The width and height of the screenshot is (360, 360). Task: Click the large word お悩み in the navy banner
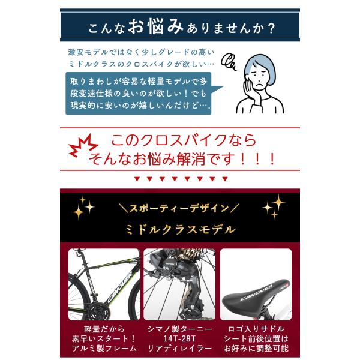click(x=155, y=26)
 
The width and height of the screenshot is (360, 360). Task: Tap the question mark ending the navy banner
click(x=271, y=28)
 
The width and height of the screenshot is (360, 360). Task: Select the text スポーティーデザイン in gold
click(x=179, y=208)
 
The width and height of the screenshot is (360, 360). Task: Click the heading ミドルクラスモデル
click(x=181, y=230)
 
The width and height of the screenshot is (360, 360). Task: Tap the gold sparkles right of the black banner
click(x=274, y=206)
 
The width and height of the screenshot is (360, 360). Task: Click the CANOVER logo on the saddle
click(x=256, y=293)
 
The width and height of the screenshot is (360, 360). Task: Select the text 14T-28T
click(x=179, y=338)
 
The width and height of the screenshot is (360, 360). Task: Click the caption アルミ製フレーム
click(x=104, y=348)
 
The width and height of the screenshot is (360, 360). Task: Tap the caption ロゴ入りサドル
click(x=256, y=329)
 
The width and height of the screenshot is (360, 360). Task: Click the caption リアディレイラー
click(x=179, y=348)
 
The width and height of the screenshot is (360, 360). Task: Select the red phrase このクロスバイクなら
click(x=184, y=140)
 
